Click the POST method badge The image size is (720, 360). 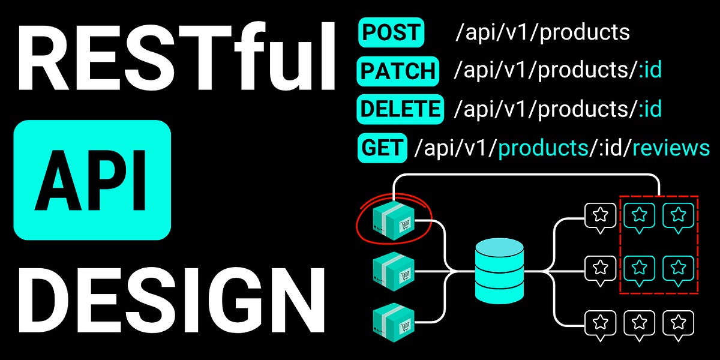coord(391,32)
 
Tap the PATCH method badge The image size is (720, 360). coord(398,71)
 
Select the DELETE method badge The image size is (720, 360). coord(400,109)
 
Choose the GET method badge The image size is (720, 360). coord(382,148)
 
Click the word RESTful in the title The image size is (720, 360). coord(174,59)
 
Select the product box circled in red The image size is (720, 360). coord(393,220)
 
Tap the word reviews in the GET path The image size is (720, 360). coord(671,148)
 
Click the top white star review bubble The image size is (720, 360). coord(600,215)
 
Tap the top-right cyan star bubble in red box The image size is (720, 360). coord(678,215)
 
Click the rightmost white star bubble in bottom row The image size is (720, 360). coord(678,322)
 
